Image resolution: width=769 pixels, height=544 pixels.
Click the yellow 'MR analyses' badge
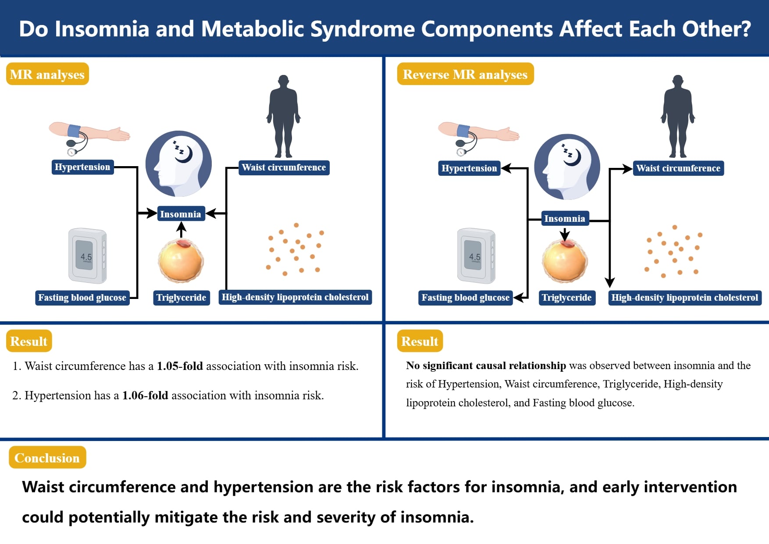(x=47, y=74)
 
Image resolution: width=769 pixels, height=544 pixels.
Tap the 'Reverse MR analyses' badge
(x=465, y=74)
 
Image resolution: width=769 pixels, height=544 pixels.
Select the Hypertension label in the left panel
(x=82, y=167)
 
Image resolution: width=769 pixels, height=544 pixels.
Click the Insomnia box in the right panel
(x=564, y=218)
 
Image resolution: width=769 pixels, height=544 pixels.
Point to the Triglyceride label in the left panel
(x=181, y=298)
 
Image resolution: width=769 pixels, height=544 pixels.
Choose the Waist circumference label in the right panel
(x=678, y=168)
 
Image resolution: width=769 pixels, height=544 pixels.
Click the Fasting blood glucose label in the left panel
(x=82, y=298)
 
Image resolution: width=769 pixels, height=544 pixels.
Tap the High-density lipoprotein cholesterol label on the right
(x=684, y=298)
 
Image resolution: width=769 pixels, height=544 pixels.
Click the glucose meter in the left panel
(x=87, y=256)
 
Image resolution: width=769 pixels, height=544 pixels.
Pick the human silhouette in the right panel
(x=678, y=116)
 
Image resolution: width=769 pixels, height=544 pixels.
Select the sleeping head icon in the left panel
(x=179, y=163)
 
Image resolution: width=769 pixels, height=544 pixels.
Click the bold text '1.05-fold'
(x=180, y=366)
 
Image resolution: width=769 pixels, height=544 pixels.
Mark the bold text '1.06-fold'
(x=145, y=395)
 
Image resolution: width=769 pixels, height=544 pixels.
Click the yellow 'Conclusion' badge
(x=47, y=458)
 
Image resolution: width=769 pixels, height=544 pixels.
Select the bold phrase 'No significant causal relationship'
(x=486, y=366)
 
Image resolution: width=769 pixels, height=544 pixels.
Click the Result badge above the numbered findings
(x=29, y=341)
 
